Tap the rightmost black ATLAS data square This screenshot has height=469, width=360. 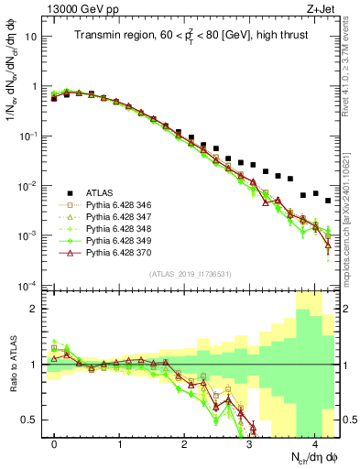coord(328,201)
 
